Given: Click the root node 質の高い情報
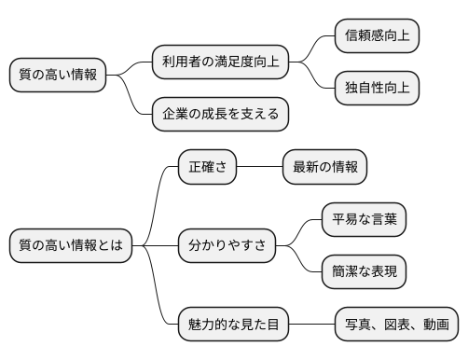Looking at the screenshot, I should [x=58, y=76].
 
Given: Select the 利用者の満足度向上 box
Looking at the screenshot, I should [x=220, y=62].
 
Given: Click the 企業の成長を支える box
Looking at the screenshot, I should [x=220, y=115].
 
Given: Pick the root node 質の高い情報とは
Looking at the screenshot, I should [x=71, y=246].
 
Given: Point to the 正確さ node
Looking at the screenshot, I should [x=207, y=168].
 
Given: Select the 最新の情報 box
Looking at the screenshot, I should [x=324, y=168].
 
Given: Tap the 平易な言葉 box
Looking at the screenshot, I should [x=364, y=220].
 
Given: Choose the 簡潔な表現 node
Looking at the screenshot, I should [x=364, y=272].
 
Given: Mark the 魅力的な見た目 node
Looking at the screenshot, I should [x=233, y=325].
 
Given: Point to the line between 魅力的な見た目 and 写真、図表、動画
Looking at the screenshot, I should [x=311, y=325].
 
